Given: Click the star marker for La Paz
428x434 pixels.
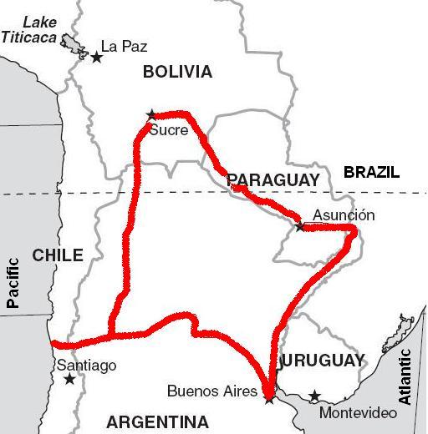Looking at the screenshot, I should pyautogui.click(x=97, y=57).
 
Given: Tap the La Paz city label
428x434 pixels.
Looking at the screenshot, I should pyautogui.click(x=124, y=47).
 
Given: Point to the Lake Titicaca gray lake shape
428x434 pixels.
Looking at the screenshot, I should pyautogui.click(x=73, y=47).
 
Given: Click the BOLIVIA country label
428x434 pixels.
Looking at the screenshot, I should pyautogui.click(x=177, y=73).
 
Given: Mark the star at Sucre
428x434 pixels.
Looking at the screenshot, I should pyautogui.click(x=151, y=114).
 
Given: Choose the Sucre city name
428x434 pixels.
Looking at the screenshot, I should pyautogui.click(x=168, y=129).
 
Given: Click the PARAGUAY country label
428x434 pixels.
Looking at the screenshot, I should pyautogui.click(x=273, y=180).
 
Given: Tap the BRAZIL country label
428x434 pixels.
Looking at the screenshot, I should pyautogui.click(x=371, y=173).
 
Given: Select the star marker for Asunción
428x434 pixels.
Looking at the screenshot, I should pyautogui.click(x=300, y=226).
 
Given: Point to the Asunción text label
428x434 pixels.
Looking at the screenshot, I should pyautogui.click(x=344, y=215).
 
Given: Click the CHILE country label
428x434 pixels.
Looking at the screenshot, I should pyautogui.click(x=58, y=255).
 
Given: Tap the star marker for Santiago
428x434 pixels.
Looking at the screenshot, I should pyautogui.click(x=69, y=380).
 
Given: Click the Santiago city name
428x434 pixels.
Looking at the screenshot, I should pyautogui.click(x=86, y=366).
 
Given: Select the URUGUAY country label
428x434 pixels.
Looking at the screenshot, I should pyautogui.click(x=324, y=361).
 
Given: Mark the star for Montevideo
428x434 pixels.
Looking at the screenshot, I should pyautogui.click(x=314, y=396).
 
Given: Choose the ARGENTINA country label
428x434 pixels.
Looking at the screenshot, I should pyautogui.click(x=157, y=421).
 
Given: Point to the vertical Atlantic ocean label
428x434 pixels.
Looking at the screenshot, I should pyautogui.click(x=405, y=377).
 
